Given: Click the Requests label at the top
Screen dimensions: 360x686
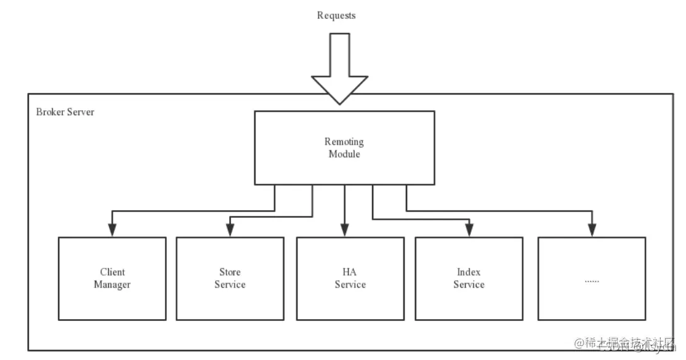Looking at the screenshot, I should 336,15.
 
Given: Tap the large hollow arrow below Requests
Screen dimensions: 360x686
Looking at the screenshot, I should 339,69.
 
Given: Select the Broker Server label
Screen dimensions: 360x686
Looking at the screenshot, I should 65,112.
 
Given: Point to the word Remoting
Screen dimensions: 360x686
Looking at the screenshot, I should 344,142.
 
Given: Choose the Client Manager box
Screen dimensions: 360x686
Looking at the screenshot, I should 112,278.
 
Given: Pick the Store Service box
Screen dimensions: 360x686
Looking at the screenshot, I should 230,278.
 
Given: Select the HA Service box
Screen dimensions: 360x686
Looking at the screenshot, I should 350,278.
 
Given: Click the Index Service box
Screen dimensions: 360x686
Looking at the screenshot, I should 469,278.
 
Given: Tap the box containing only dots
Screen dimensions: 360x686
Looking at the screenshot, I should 592,278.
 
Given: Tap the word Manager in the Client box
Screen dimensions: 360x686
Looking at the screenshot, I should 112,284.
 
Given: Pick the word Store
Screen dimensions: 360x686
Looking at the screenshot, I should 230,272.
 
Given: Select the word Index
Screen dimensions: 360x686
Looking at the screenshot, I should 469,272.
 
